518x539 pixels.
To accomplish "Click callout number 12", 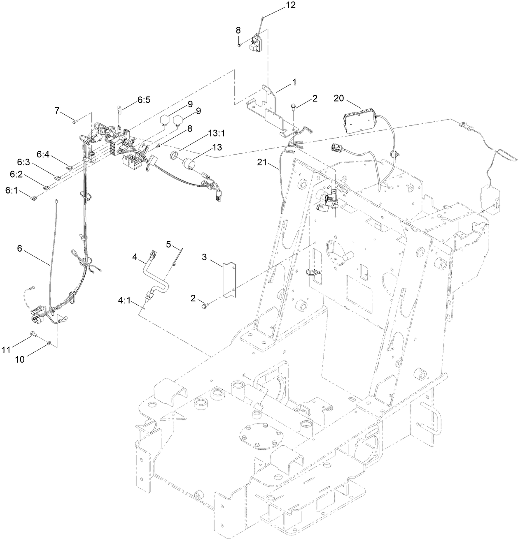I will pyautogui.click(x=291, y=6).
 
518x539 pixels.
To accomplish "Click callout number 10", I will pyautogui.click(x=20, y=359).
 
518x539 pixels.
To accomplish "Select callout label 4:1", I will pyautogui.click(x=124, y=300).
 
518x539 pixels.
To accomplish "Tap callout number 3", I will pyautogui.click(x=204, y=257).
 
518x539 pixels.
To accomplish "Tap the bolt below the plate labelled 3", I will pyautogui.click(x=204, y=305).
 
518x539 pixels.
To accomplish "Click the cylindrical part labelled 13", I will pyautogui.click(x=190, y=164).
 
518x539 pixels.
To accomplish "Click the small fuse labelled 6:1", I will pyautogui.click(x=34, y=199).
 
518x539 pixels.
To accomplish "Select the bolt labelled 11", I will pyautogui.click(x=33, y=335).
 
